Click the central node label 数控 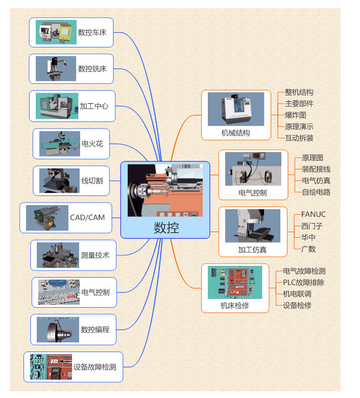click(x=166, y=228)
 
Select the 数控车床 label click(x=92, y=33)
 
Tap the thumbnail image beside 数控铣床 click(x=56, y=69)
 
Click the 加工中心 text click(x=94, y=106)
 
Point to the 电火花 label click(x=92, y=144)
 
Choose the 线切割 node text click(x=92, y=181)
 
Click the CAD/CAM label click(x=87, y=217)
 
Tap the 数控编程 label click(x=95, y=330)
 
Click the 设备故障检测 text click(x=95, y=367)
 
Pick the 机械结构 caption click(x=235, y=133)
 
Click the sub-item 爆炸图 click(x=295, y=115)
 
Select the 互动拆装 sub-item click(x=299, y=138)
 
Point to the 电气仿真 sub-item click(x=316, y=181)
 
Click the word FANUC click(x=313, y=214)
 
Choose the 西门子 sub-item click(x=311, y=226)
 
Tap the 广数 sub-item click(x=308, y=249)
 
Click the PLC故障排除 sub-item click(x=303, y=283)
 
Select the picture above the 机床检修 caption click(x=235, y=282)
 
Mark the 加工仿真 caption click(x=252, y=250)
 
